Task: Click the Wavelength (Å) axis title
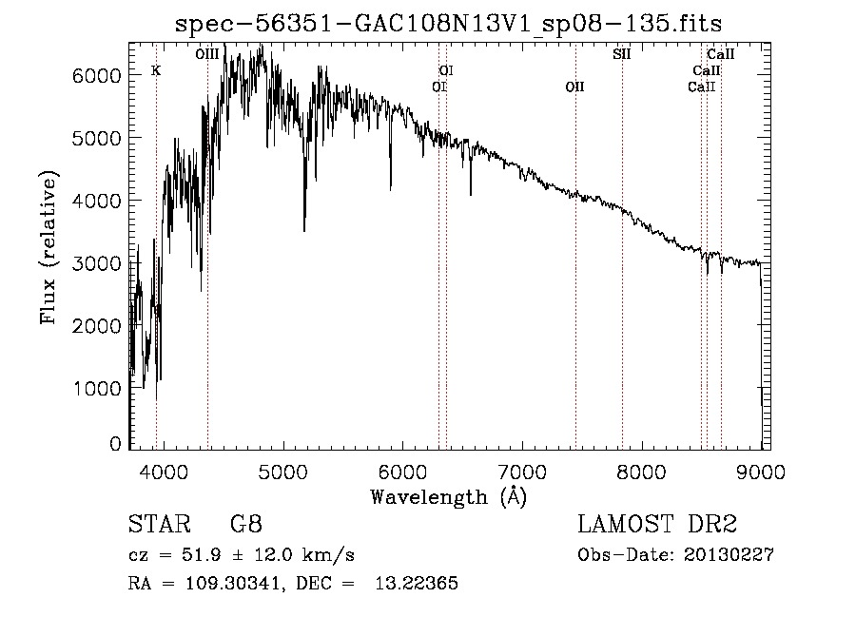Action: point(448,496)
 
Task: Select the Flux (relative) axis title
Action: point(49,247)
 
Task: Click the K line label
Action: point(156,70)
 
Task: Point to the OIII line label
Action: point(206,54)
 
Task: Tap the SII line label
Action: point(622,54)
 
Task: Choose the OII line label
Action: point(574,87)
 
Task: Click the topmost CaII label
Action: point(720,54)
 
